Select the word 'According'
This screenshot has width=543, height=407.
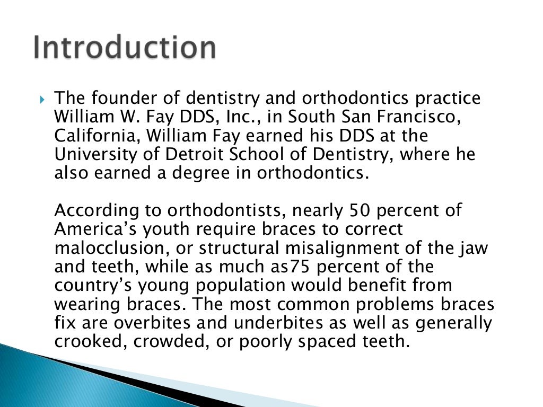coord(95,210)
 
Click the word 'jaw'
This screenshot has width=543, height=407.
coord(474,248)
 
